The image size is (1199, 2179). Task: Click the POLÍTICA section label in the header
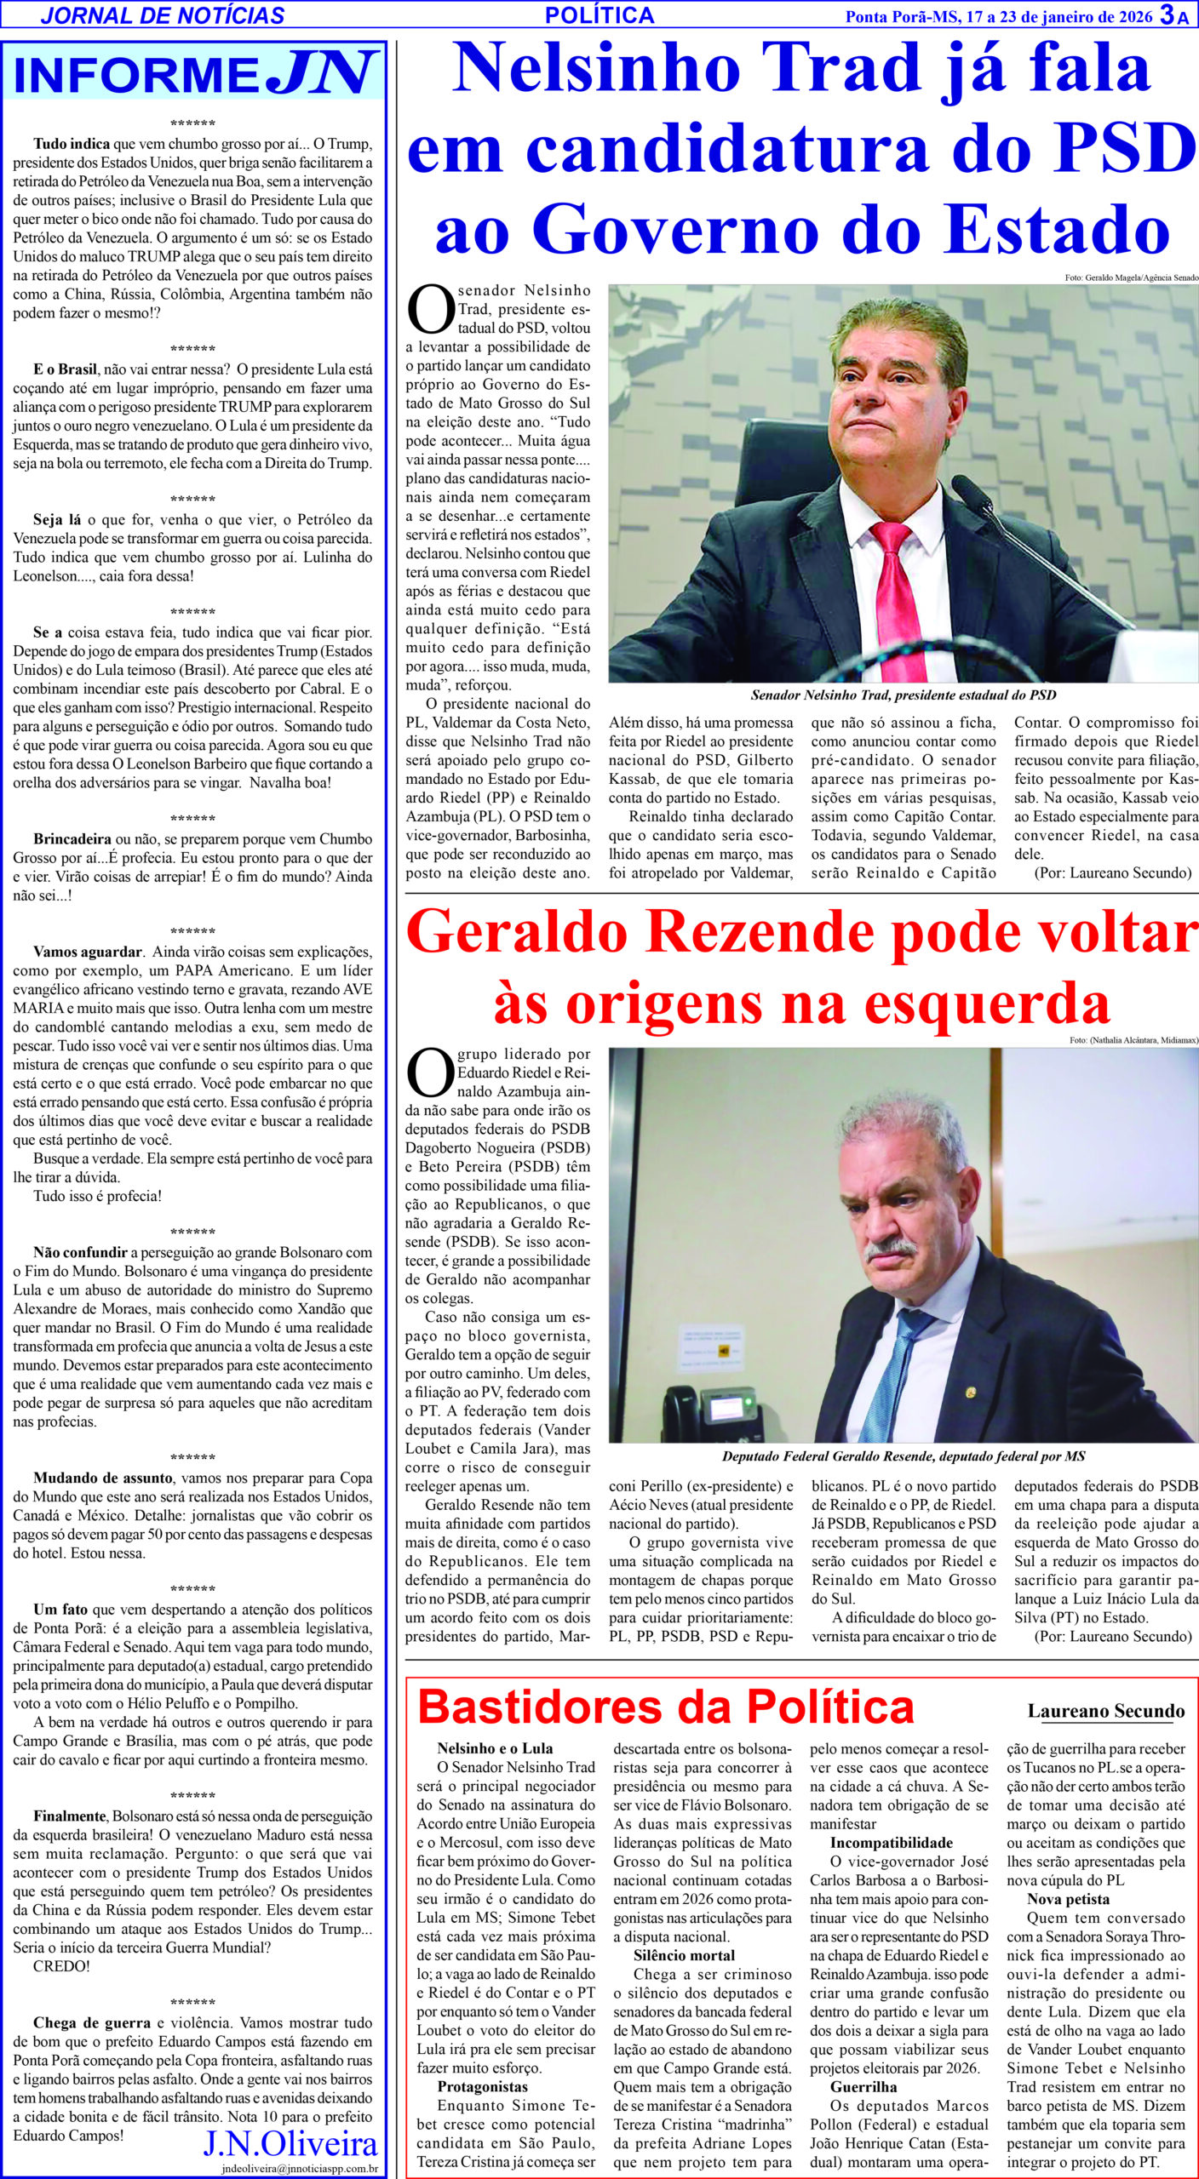[x=599, y=14]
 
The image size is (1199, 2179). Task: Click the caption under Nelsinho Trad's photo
[x=903, y=695]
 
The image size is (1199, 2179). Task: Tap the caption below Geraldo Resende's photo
[x=903, y=1456]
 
